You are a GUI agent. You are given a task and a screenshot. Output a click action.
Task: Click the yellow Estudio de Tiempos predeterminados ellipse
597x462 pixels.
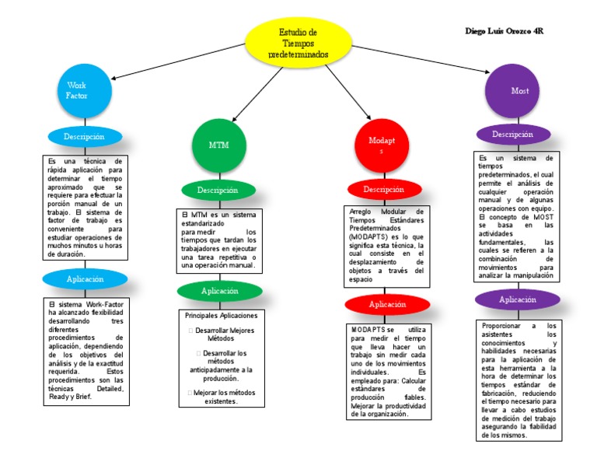(x=298, y=44)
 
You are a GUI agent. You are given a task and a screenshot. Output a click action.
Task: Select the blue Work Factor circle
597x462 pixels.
(x=77, y=90)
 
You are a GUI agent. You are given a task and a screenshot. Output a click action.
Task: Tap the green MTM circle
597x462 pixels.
(x=218, y=145)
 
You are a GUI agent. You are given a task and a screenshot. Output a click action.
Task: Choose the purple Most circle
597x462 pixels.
(x=519, y=91)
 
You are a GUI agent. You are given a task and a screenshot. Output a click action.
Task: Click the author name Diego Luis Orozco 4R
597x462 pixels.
(x=504, y=32)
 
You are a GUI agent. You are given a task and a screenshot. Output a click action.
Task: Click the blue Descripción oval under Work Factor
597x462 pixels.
(x=85, y=137)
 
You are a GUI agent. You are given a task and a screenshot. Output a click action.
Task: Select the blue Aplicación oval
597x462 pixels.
(x=85, y=278)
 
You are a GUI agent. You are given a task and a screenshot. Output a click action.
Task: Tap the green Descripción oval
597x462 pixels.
(x=218, y=190)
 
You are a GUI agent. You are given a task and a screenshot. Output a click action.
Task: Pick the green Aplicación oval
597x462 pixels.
(x=220, y=291)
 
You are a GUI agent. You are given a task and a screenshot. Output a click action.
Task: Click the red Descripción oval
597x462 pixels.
(x=384, y=189)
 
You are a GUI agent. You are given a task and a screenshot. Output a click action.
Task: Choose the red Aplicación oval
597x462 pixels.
(x=387, y=304)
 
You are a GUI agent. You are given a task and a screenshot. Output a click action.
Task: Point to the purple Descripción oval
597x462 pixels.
(x=512, y=134)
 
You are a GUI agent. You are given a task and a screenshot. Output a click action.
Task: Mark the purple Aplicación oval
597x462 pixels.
(x=517, y=299)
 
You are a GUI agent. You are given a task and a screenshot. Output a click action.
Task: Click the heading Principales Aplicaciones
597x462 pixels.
(x=221, y=316)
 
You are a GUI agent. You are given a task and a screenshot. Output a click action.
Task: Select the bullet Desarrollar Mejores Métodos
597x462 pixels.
(x=222, y=334)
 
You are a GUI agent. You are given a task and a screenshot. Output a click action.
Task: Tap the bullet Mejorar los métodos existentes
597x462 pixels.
(x=222, y=397)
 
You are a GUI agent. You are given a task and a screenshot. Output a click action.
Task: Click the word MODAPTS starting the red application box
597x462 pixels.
(x=367, y=330)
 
